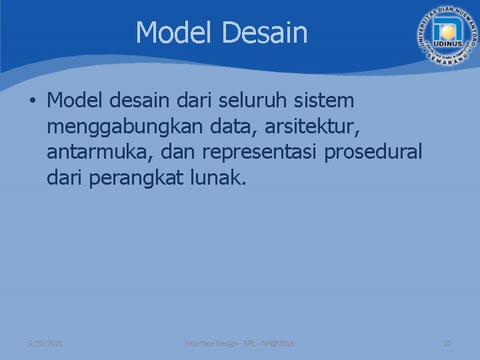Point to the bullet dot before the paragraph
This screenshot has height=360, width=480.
coord(32,101)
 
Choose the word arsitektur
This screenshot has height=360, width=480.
coord(309,127)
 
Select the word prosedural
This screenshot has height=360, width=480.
coord(373,153)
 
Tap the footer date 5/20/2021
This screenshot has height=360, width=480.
coord(46,343)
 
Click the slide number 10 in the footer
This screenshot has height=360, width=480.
coord(447,343)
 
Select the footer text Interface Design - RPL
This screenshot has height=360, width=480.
coord(222,343)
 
